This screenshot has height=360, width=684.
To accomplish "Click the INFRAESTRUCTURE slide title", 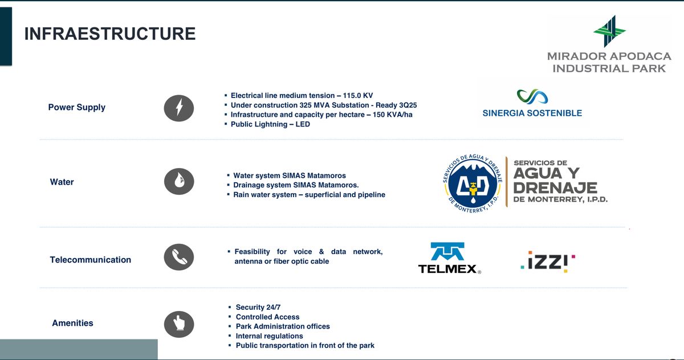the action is click(x=110, y=34).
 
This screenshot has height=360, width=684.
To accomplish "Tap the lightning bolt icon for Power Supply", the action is click(x=179, y=108).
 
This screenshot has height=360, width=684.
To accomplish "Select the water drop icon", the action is click(x=179, y=181).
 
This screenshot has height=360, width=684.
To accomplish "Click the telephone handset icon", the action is click(x=179, y=257).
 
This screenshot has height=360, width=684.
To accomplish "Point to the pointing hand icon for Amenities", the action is click(x=179, y=324).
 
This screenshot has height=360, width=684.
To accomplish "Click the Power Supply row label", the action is click(x=76, y=108).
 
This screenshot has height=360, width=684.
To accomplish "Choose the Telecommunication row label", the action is click(x=91, y=260).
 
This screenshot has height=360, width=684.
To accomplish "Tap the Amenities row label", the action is click(x=73, y=323).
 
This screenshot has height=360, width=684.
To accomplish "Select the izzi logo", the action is click(x=548, y=262).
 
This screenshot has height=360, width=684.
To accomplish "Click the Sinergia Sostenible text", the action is click(x=532, y=113).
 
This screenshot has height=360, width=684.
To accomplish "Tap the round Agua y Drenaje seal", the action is click(x=473, y=183).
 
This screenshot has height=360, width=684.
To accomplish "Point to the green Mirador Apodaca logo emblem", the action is click(x=609, y=31).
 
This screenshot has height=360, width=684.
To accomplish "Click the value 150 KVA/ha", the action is click(x=392, y=114).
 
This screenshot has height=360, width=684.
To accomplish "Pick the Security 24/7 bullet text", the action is click(x=258, y=307).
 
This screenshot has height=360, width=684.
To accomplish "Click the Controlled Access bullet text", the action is click(x=267, y=317).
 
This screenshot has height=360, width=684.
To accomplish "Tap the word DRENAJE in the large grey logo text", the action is click(x=555, y=187).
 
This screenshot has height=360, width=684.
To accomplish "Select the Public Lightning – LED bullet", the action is click(x=270, y=124).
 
